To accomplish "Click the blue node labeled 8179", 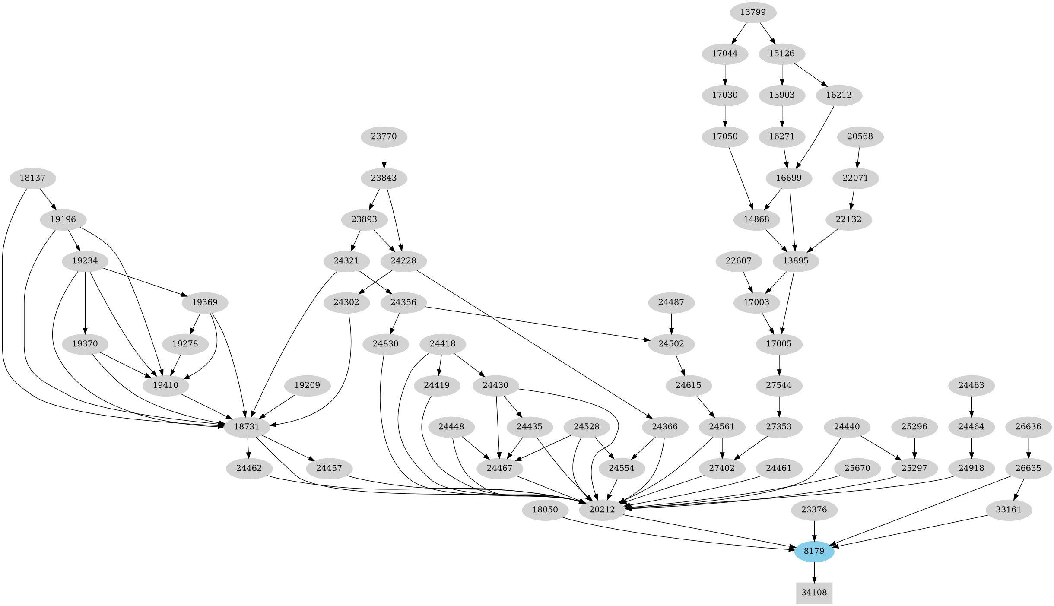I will pos(814,551).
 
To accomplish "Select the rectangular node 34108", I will pos(814,593).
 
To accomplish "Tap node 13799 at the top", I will pos(753,12).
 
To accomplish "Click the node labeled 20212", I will pos(602,510).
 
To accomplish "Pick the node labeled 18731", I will pos(247,427).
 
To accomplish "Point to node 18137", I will pos(32,178).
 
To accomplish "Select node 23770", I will pos(384,136).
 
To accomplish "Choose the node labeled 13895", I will pos(795,261).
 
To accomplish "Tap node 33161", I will pos(1008,510).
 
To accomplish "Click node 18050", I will pos(545,510).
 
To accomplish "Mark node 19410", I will pos(165,385).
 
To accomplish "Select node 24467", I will pos(499,468).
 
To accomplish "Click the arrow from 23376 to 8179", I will pos(814,530).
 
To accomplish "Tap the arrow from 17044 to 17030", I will pos(725,74).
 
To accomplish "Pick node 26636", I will pos(1029,427).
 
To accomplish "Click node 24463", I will pos(971,385).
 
